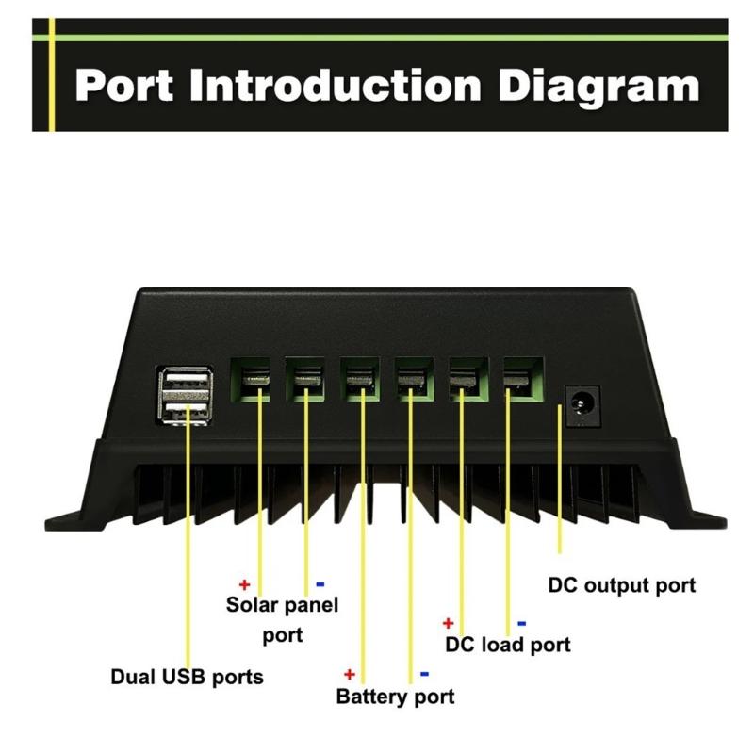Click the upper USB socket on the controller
point(187,383)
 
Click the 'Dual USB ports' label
point(187,677)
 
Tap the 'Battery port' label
point(395,697)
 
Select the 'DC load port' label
point(507,646)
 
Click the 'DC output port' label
point(622,585)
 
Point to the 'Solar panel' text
point(282,604)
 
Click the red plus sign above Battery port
point(349,674)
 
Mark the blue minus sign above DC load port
point(521,623)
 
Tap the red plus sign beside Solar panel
point(243,583)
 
